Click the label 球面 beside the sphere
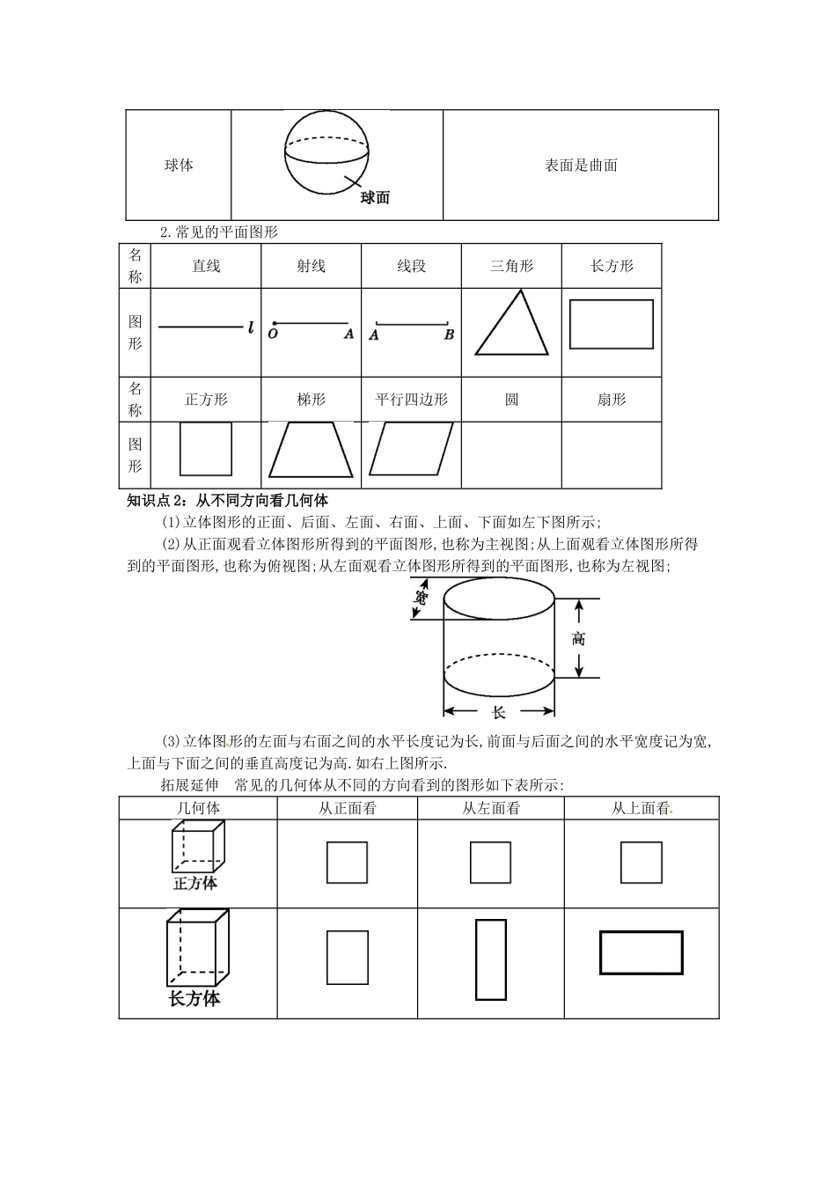click(375, 198)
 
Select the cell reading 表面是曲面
click(581, 165)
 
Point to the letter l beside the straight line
click(251, 328)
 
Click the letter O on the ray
click(273, 334)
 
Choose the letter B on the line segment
click(449, 334)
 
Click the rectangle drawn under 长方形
click(612, 324)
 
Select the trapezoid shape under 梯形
click(311, 450)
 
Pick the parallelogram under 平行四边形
click(411, 449)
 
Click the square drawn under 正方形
click(206, 449)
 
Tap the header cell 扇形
click(612, 400)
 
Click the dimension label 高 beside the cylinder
click(578, 639)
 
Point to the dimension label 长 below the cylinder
click(498, 712)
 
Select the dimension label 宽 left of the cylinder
click(421, 599)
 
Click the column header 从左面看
click(490, 808)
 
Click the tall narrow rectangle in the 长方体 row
click(491, 959)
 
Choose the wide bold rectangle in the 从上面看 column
click(641, 952)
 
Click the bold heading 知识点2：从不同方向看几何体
click(227, 501)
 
